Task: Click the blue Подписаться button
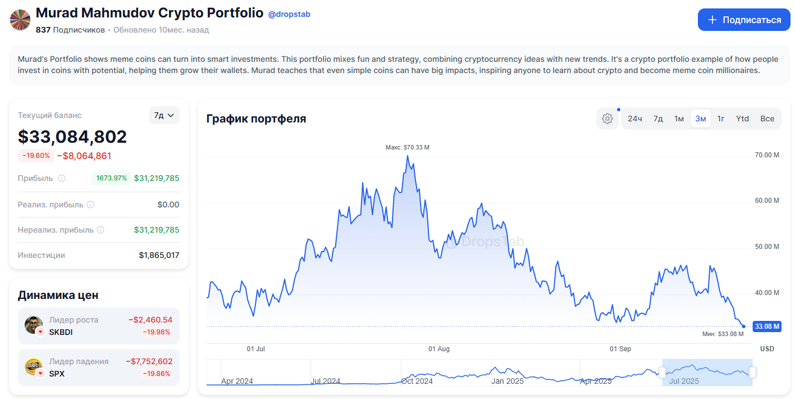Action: pos(743,20)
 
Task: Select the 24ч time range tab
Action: pos(635,119)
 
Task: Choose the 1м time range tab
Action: pos(679,119)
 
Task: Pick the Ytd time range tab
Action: pos(742,119)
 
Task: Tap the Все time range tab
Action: pos(767,119)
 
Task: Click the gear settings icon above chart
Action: pos(607,119)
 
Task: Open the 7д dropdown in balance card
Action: pos(164,115)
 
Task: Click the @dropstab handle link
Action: pos(289,14)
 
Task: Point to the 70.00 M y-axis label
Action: pos(767,155)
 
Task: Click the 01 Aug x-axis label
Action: pos(439,349)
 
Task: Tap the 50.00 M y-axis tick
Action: pos(767,247)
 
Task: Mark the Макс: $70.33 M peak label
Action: pos(407,147)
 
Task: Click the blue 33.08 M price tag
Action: pos(766,326)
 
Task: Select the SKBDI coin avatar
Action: pos(33,324)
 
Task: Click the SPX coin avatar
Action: pos(33,366)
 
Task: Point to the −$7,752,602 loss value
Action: pos(149,361)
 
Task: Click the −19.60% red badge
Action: pos(36,156)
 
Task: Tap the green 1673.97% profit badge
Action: pos(111,178)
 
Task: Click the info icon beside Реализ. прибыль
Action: pos(90,205)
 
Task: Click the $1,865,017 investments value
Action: pos(159,255)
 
